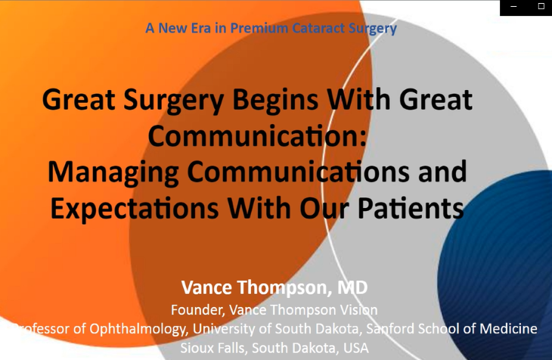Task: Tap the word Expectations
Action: click(135, 209)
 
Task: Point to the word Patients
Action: click(411, 208)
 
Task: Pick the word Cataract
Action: click(318, 28)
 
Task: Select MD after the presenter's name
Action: click(352, 287)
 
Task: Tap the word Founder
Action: click(198, 310)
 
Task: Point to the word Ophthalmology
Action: click(138, 329)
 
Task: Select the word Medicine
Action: click(508, 329)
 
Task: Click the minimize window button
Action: click(513, 7)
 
